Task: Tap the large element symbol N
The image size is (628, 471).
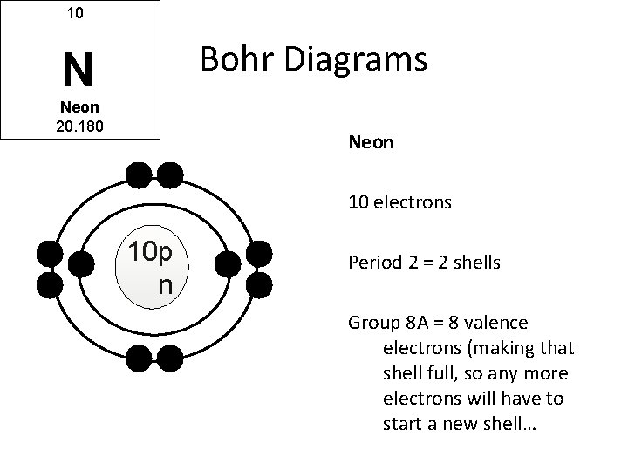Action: click(x=78, y=71)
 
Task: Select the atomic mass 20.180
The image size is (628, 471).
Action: click(x=80, y=126)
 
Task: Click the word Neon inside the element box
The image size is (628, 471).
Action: click(x=79, y=108)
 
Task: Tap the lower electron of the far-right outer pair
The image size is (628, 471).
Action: click(x=260, y=283)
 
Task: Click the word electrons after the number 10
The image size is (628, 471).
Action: click(x=412, y=202)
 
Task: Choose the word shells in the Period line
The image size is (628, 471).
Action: click(x=475, y=261)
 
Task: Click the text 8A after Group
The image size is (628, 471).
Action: click(x=406, y=323)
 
